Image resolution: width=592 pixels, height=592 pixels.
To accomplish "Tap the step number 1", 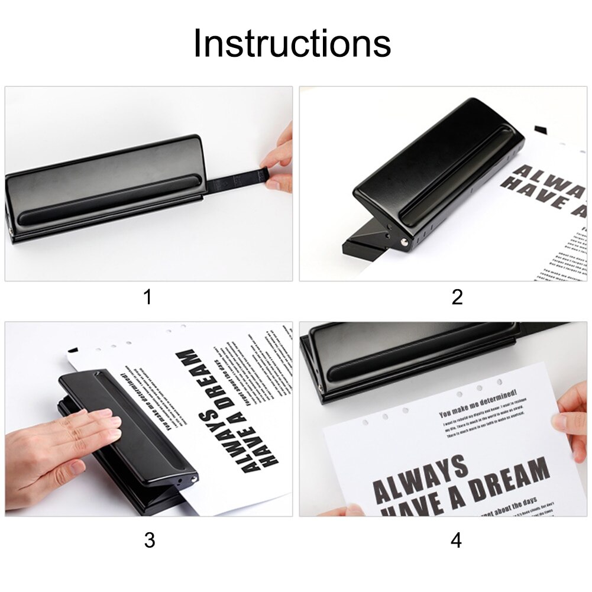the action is coord(147,297).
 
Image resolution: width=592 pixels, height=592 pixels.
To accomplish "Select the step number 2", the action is coord(457,297).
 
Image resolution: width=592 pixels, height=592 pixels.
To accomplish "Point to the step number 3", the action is coord(150,539).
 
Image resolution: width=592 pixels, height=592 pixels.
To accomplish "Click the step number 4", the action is coord(457,539).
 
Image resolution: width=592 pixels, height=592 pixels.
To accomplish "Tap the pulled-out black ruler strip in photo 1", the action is coord(234,177).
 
